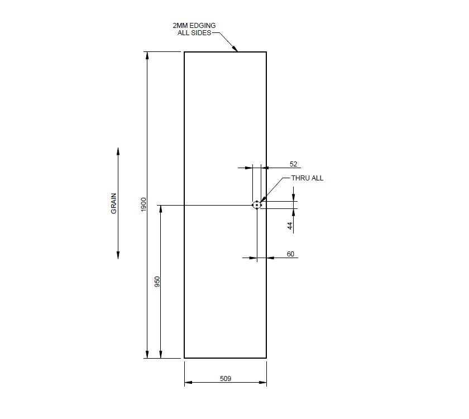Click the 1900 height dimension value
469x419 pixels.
point(143,204)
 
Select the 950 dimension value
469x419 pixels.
point(157,282)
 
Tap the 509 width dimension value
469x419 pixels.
point(226,378)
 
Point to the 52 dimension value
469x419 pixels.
point(293,164)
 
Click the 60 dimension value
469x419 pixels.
point(290,254)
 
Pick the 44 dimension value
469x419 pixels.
point(290,226)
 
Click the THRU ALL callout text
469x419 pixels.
point(307,178)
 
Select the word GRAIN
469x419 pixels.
point(114,203)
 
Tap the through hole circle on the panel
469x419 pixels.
point(256,205)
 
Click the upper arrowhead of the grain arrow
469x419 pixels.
point(118,151)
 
